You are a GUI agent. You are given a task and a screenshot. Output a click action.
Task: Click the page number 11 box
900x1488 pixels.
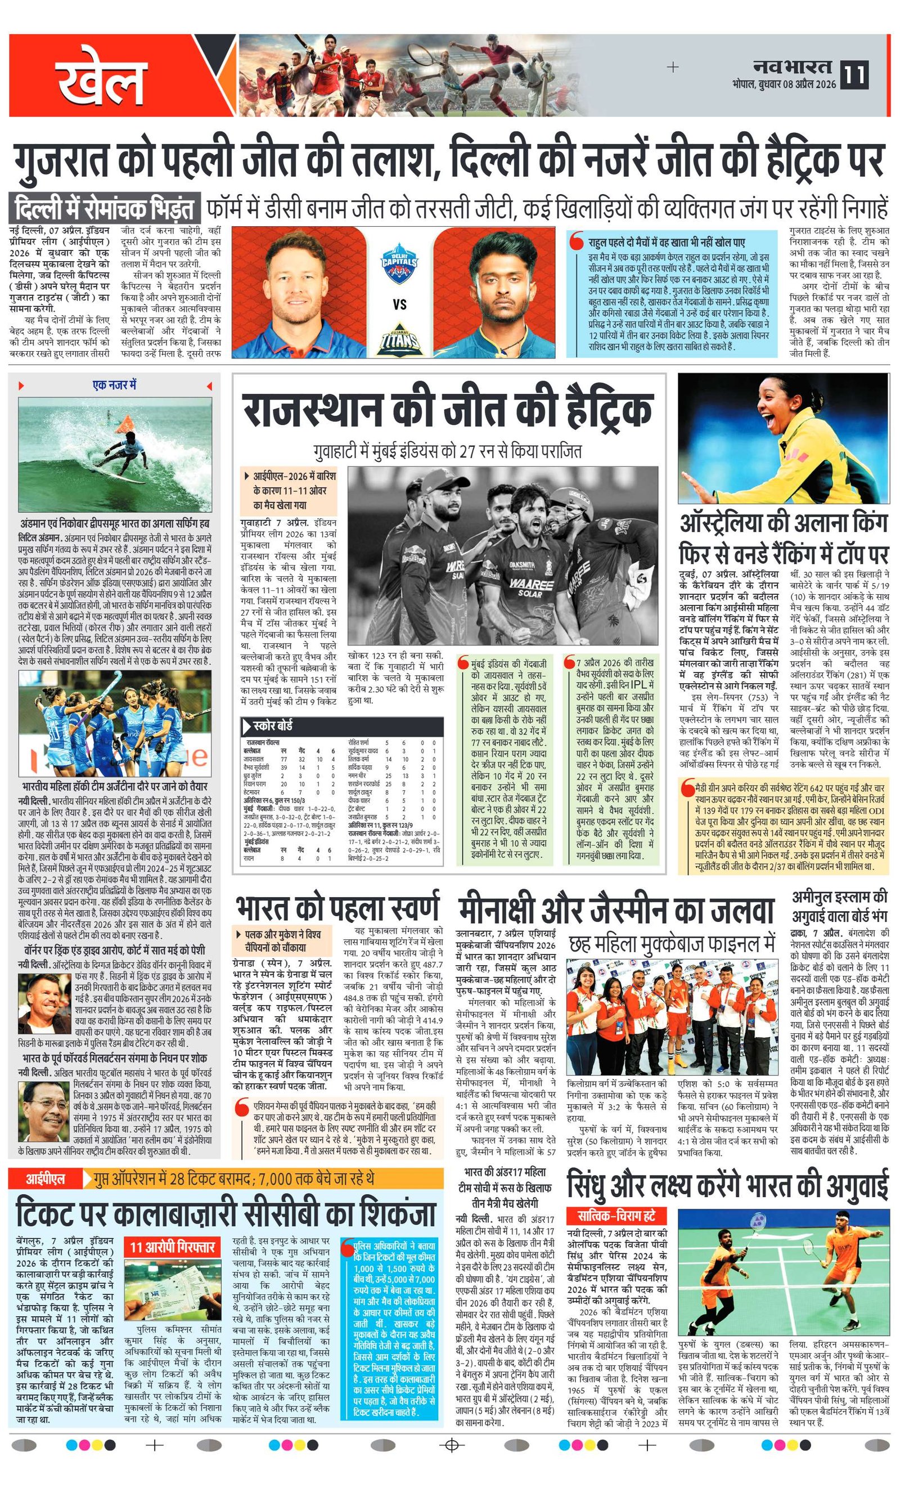pyautogui.click(x=857, y=74)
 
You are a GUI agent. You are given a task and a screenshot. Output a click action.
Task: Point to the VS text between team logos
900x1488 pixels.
pyautogui.click(x=399, y=304)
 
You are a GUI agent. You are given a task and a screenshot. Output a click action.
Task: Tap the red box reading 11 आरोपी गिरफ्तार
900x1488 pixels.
pyautogui.click(x=173, y=1230)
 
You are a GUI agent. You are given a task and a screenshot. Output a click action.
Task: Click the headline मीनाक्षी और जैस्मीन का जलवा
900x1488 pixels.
pyautogui.click(x=616, y=909)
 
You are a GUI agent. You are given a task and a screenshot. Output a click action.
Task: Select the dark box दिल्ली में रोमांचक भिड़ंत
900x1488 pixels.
pyautogui.click(x=105, y=209)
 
